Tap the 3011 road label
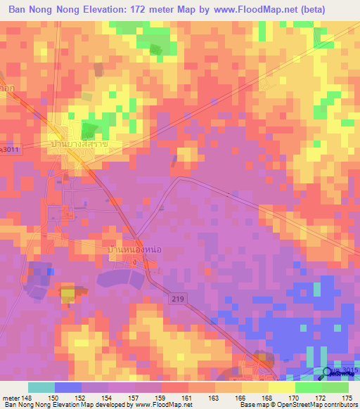[x=9, y=150]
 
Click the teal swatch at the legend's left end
[x=41, y=387]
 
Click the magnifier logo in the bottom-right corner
[x=328, y=373]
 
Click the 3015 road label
[x=348, y=370]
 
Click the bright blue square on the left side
[x=49, y=270]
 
